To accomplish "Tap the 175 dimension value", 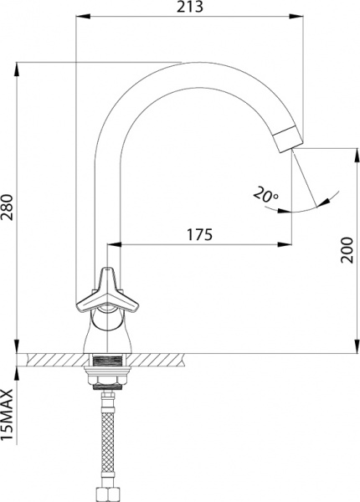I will pyautogui.click(x=198, y=234).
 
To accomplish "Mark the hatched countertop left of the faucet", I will pyautogui.click(x=54, y=359).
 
